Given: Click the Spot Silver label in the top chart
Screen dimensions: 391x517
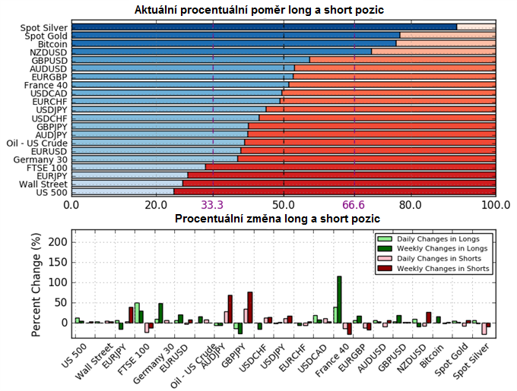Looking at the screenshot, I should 45,27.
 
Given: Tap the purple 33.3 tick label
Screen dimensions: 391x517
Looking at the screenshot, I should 212,205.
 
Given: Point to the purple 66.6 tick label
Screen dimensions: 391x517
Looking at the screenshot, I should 354,205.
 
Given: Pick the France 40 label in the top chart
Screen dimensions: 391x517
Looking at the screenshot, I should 46,85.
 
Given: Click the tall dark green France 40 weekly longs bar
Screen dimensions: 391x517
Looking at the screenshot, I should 339,299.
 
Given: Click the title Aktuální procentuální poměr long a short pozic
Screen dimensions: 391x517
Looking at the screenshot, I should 258,10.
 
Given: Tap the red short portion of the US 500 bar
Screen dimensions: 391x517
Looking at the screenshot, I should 335,191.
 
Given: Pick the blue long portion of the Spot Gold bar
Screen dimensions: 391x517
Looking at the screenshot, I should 236,35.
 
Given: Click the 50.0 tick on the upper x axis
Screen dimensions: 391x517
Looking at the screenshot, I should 284,205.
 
